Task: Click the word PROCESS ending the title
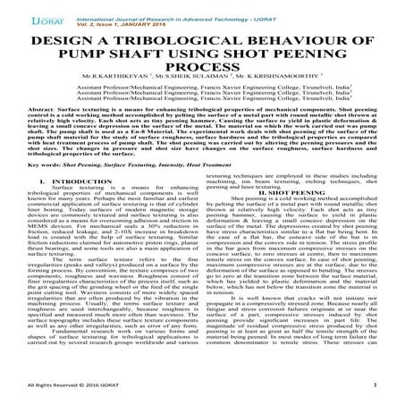pos(202,71)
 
